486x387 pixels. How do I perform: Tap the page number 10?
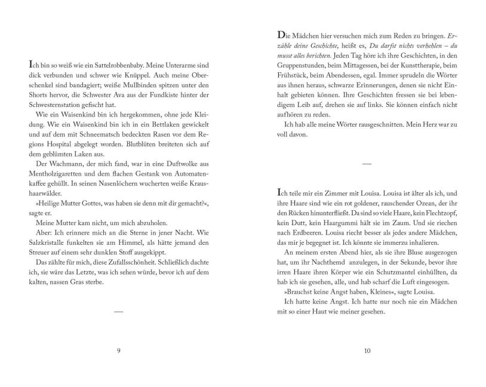[x=367, y=350]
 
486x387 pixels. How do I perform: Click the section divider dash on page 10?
[x=367, y=163]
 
